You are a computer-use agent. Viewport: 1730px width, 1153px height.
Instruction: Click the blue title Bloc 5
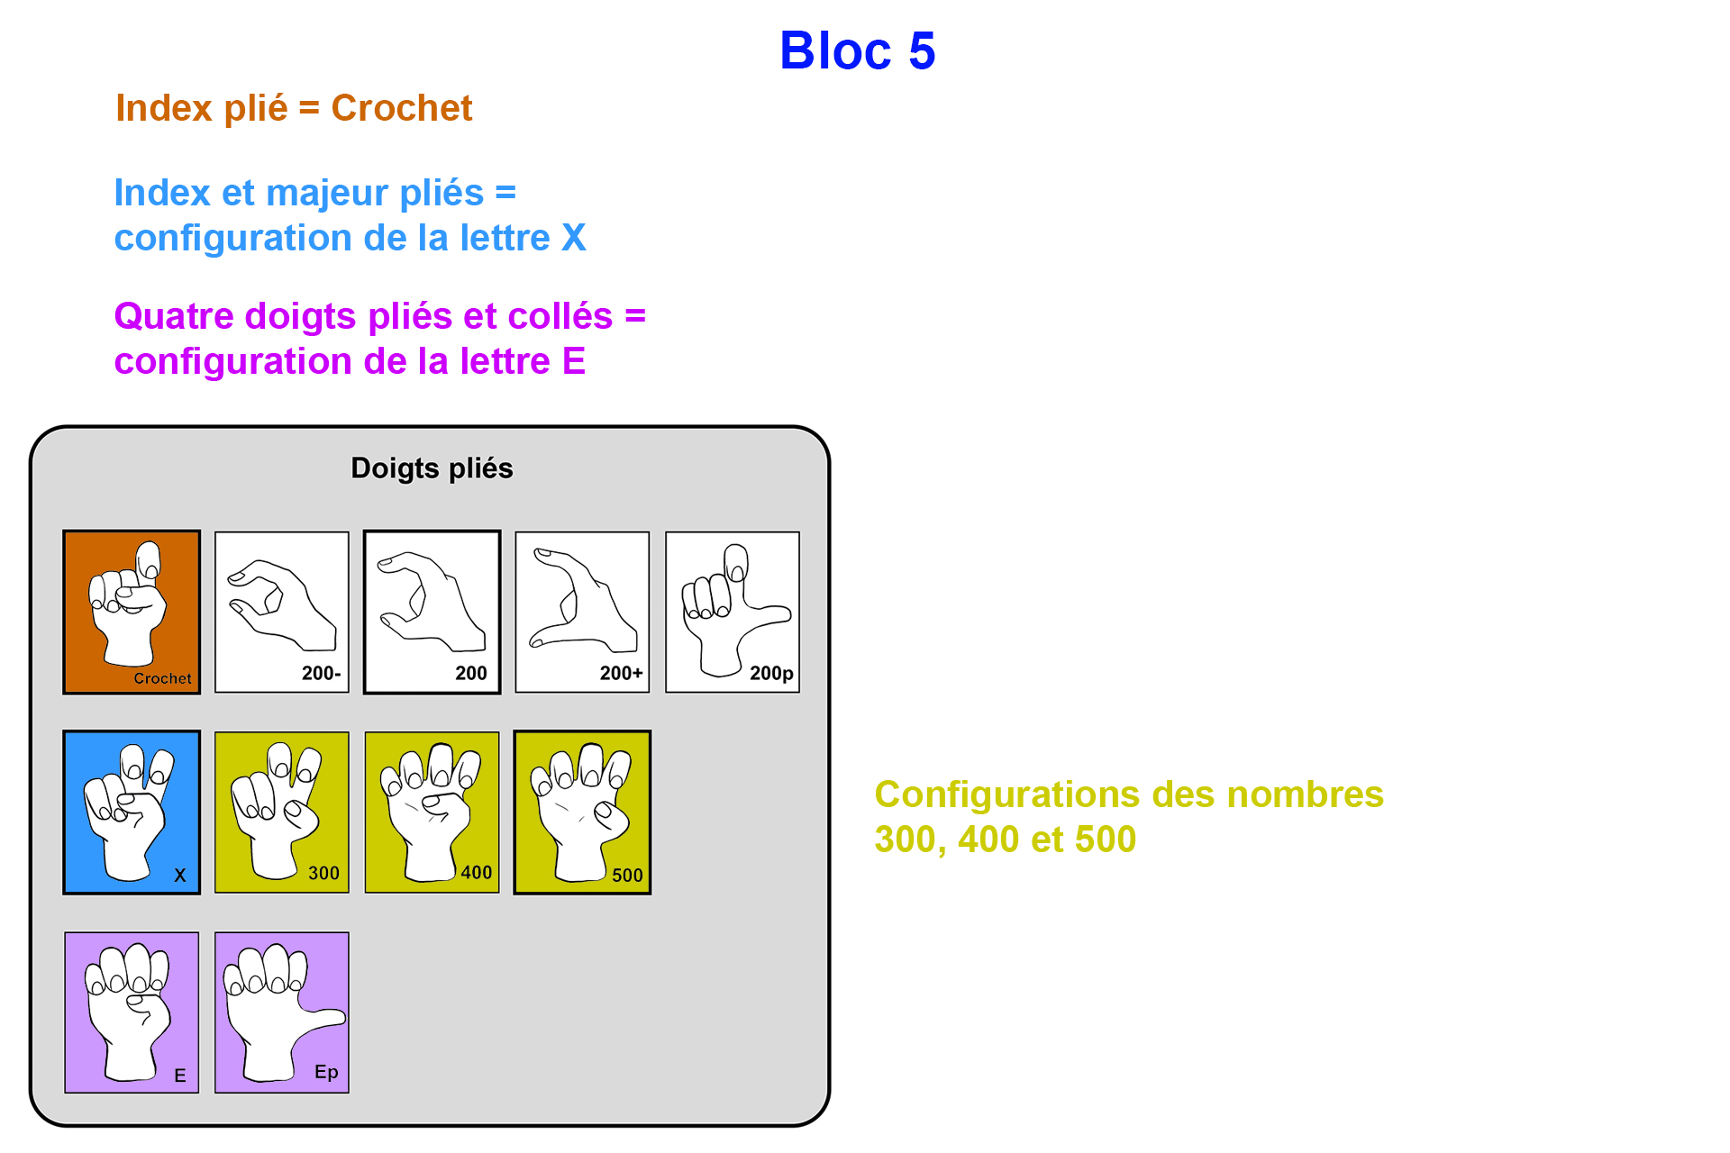coord(857,50)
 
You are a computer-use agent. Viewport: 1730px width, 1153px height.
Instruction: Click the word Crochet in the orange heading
coord(402,108)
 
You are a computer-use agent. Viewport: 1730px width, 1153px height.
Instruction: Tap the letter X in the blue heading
coord(573,238)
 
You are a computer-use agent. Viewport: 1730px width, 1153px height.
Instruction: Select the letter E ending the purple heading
coord(574,361)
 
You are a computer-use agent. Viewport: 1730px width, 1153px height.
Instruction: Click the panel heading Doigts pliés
coord(432,468)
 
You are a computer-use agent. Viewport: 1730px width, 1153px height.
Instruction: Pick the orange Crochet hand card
coord(132,613)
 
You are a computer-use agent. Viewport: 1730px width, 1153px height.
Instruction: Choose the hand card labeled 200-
coord(282,613)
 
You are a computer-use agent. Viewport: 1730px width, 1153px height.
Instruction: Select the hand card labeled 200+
coord(582,613)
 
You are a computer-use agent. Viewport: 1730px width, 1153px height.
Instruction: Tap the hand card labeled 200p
coord(733,613)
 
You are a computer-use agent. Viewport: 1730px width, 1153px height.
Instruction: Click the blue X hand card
coord(132,813)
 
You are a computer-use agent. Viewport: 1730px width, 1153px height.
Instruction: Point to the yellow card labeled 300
coord(282,813)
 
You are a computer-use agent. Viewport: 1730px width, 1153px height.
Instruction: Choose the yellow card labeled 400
coord(432,813)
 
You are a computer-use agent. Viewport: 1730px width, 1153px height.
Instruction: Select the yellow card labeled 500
coord(582,813)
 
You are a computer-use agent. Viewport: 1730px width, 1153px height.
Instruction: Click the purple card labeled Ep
coord(282,1012)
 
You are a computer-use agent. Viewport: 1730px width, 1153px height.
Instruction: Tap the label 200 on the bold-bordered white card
coord(471,673)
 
